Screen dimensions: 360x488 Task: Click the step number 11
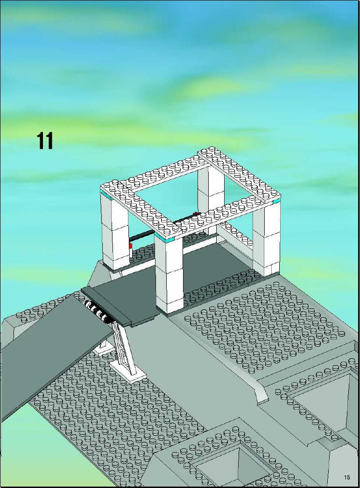(45, 141)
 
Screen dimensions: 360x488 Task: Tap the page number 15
(347, 477)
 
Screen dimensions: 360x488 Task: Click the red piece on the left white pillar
(130, 246)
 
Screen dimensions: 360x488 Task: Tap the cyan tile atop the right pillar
(276, 202)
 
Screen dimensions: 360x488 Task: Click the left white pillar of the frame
(114, 231)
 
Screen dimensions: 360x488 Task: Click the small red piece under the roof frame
(195, 214)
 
